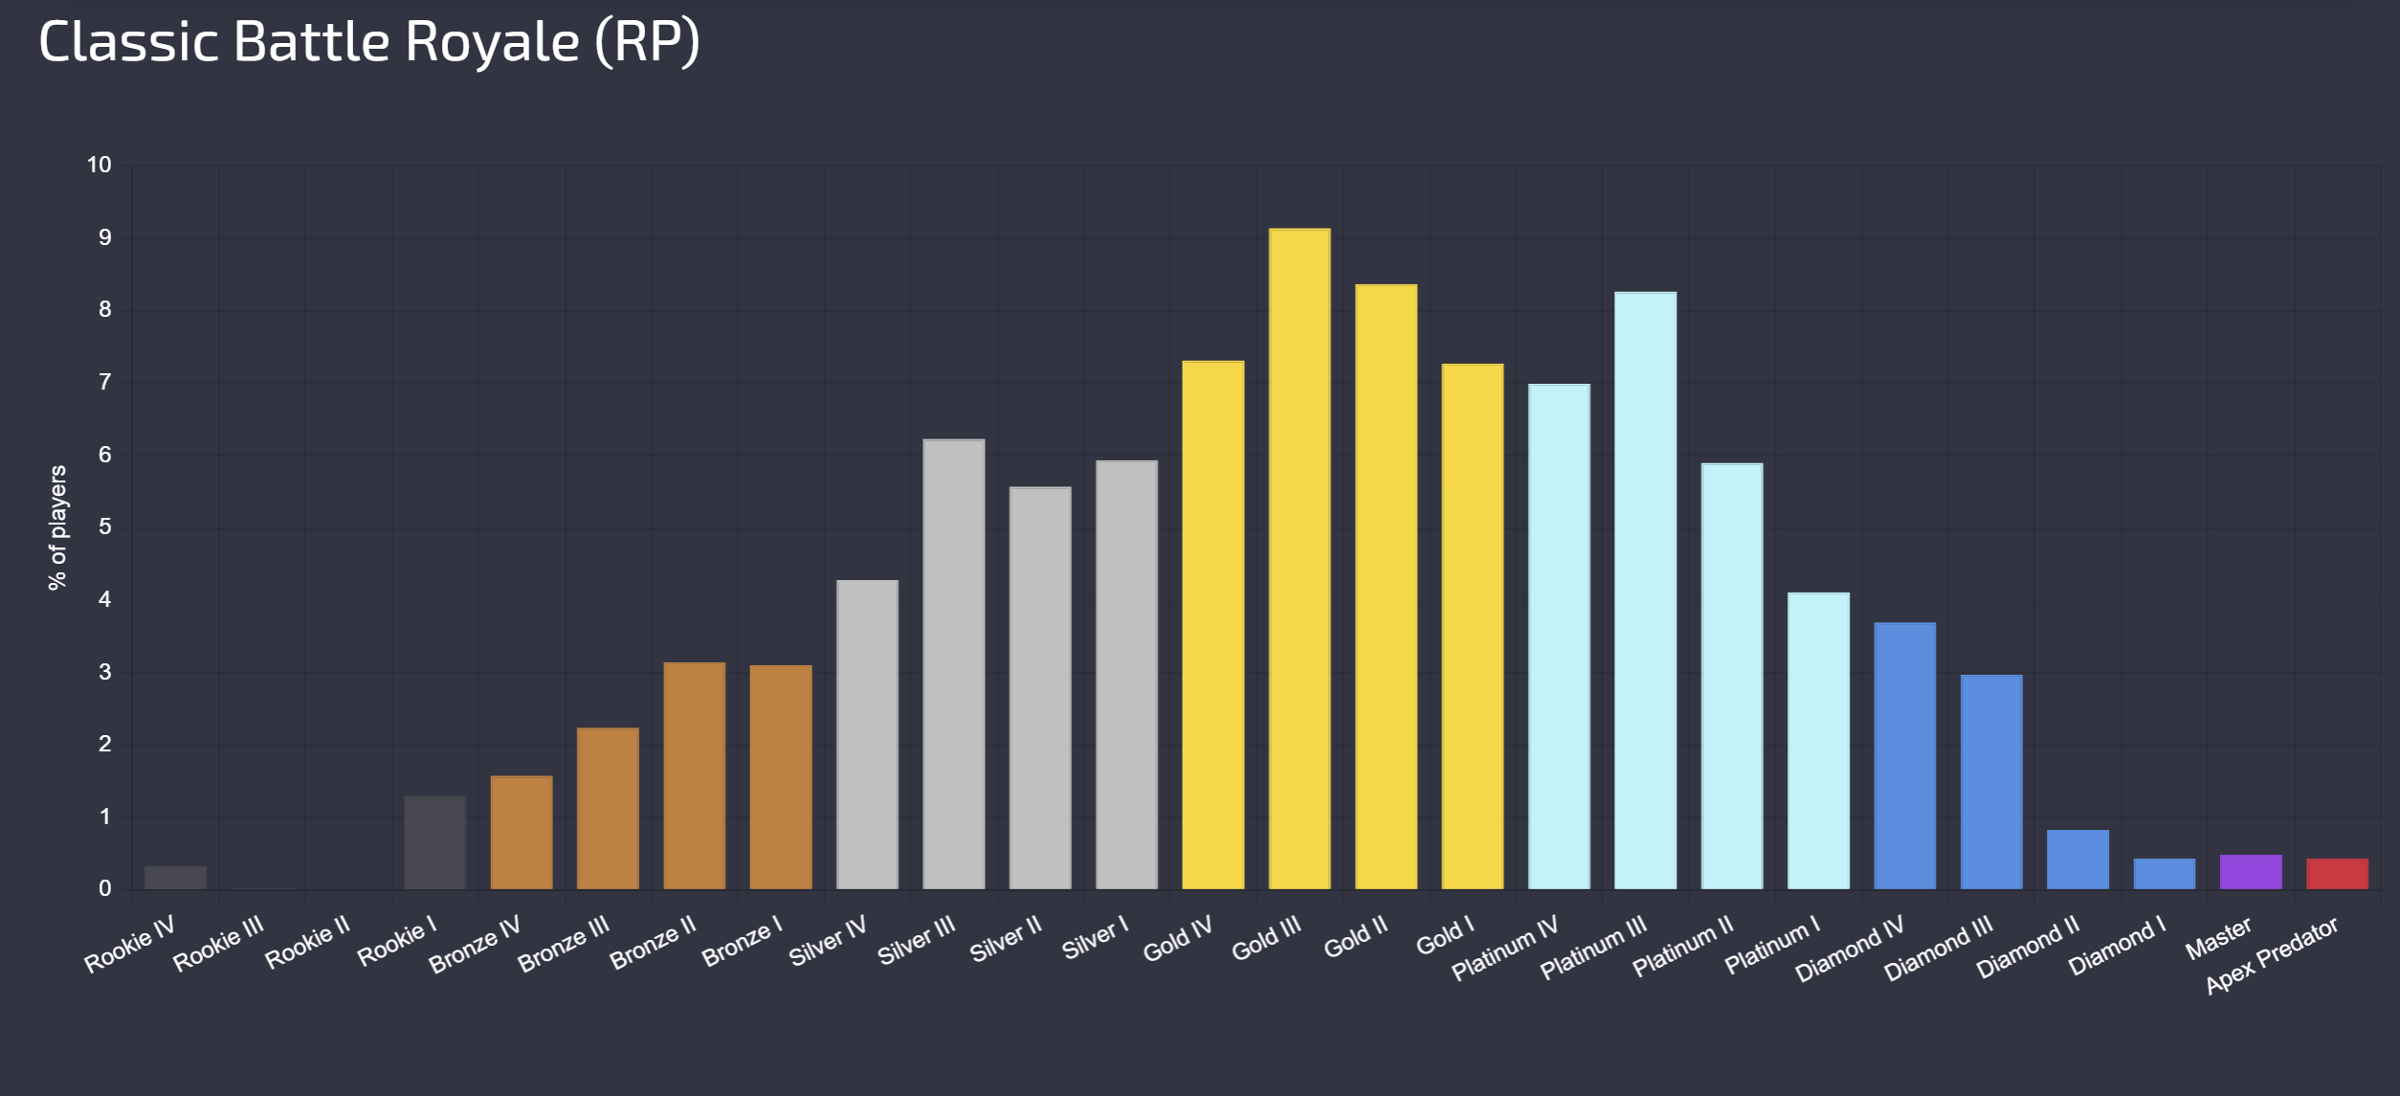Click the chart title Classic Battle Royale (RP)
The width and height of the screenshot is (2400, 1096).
click(369, 42)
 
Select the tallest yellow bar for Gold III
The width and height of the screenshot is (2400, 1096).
click(1299, 559)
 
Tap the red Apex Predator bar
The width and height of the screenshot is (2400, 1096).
click(2337, 874)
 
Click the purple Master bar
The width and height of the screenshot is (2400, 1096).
click(2251, 872)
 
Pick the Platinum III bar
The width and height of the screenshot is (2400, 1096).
click(1645, 591)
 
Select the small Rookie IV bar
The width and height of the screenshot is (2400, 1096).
click(175, 878)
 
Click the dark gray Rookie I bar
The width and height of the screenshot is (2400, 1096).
click(434, 842)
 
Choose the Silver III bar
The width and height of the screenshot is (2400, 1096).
click(953, 664)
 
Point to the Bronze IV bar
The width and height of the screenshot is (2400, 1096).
click(521, 833)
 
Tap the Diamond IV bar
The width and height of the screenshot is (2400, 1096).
click(1904, 756)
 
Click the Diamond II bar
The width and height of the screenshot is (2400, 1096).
click(2078, 860)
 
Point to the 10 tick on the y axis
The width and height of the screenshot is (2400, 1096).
click(100, 165)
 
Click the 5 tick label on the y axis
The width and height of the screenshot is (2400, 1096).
click(105, 527)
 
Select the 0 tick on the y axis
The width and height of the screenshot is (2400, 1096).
click(105, 889)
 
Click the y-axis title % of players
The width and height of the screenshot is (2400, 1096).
click(58, 527)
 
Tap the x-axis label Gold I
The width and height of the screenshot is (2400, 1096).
click(1445, 937)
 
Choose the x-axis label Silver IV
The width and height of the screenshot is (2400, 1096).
click(828, 941)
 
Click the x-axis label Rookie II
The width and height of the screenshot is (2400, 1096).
click(307, 943)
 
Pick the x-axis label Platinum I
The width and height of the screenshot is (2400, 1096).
click(1772, 946)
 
